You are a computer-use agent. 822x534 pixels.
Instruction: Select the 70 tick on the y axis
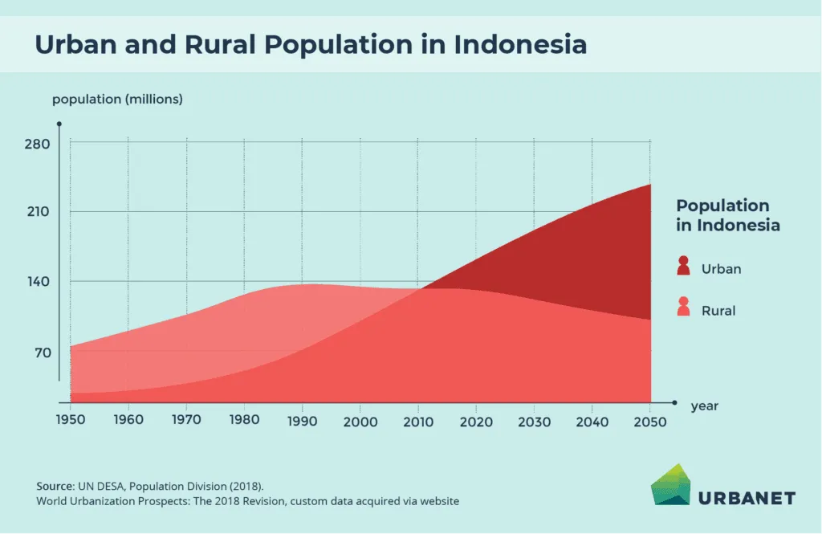(43, 353)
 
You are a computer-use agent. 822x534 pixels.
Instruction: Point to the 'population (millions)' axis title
(117, 100)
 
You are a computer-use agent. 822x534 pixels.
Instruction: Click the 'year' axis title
(704, 406)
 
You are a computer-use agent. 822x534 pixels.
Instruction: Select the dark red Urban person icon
(683, 266)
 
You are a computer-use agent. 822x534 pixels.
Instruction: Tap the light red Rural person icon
(683, 307)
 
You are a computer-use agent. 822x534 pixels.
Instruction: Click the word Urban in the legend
(721, 269)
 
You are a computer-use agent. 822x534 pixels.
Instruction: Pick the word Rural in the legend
(718, 310)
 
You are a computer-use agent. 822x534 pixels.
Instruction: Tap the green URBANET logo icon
(671, 485)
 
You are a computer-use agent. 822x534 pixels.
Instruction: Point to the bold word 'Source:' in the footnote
(55, 487)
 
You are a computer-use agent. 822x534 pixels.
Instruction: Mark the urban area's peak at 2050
(649, 185)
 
